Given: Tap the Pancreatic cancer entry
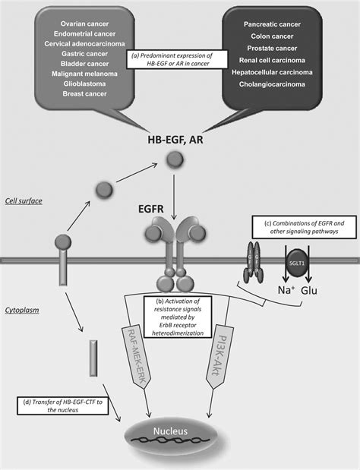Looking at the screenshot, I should (x=273, y=24).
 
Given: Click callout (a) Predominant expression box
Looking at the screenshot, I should (x=179, y=60).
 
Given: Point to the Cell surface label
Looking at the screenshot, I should (x=24, y=201).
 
